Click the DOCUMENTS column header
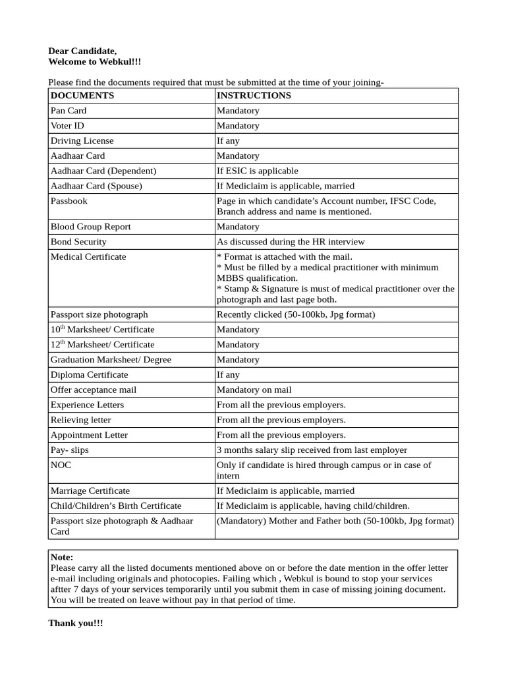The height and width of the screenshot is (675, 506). [82, 96]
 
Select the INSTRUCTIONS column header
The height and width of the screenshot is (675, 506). [254, 96]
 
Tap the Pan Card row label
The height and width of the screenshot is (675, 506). [69, 111]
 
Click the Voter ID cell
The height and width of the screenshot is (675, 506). [67, 126]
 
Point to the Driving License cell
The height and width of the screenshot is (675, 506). [82, 141]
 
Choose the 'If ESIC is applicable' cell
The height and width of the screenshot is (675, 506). [258, 171]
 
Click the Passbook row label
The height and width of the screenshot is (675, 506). [69, 201]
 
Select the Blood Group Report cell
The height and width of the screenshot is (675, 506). [90, 227]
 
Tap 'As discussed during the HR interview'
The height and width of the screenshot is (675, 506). [291, 242]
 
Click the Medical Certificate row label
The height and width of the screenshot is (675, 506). [88, 257]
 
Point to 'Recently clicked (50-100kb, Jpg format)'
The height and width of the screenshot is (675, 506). [296, 314]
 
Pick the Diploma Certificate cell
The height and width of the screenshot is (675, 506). [89, 375]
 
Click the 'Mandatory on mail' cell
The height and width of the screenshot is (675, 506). [254, 390]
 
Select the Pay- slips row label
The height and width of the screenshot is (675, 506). [70, 450]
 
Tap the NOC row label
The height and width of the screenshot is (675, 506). [61, 465]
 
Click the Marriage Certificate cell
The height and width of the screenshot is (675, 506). [90, 491]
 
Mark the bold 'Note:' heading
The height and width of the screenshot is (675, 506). [62, 558]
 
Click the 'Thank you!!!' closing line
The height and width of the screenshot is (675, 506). [76, 623]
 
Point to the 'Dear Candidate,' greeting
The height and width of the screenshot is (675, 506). [82, 51]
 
